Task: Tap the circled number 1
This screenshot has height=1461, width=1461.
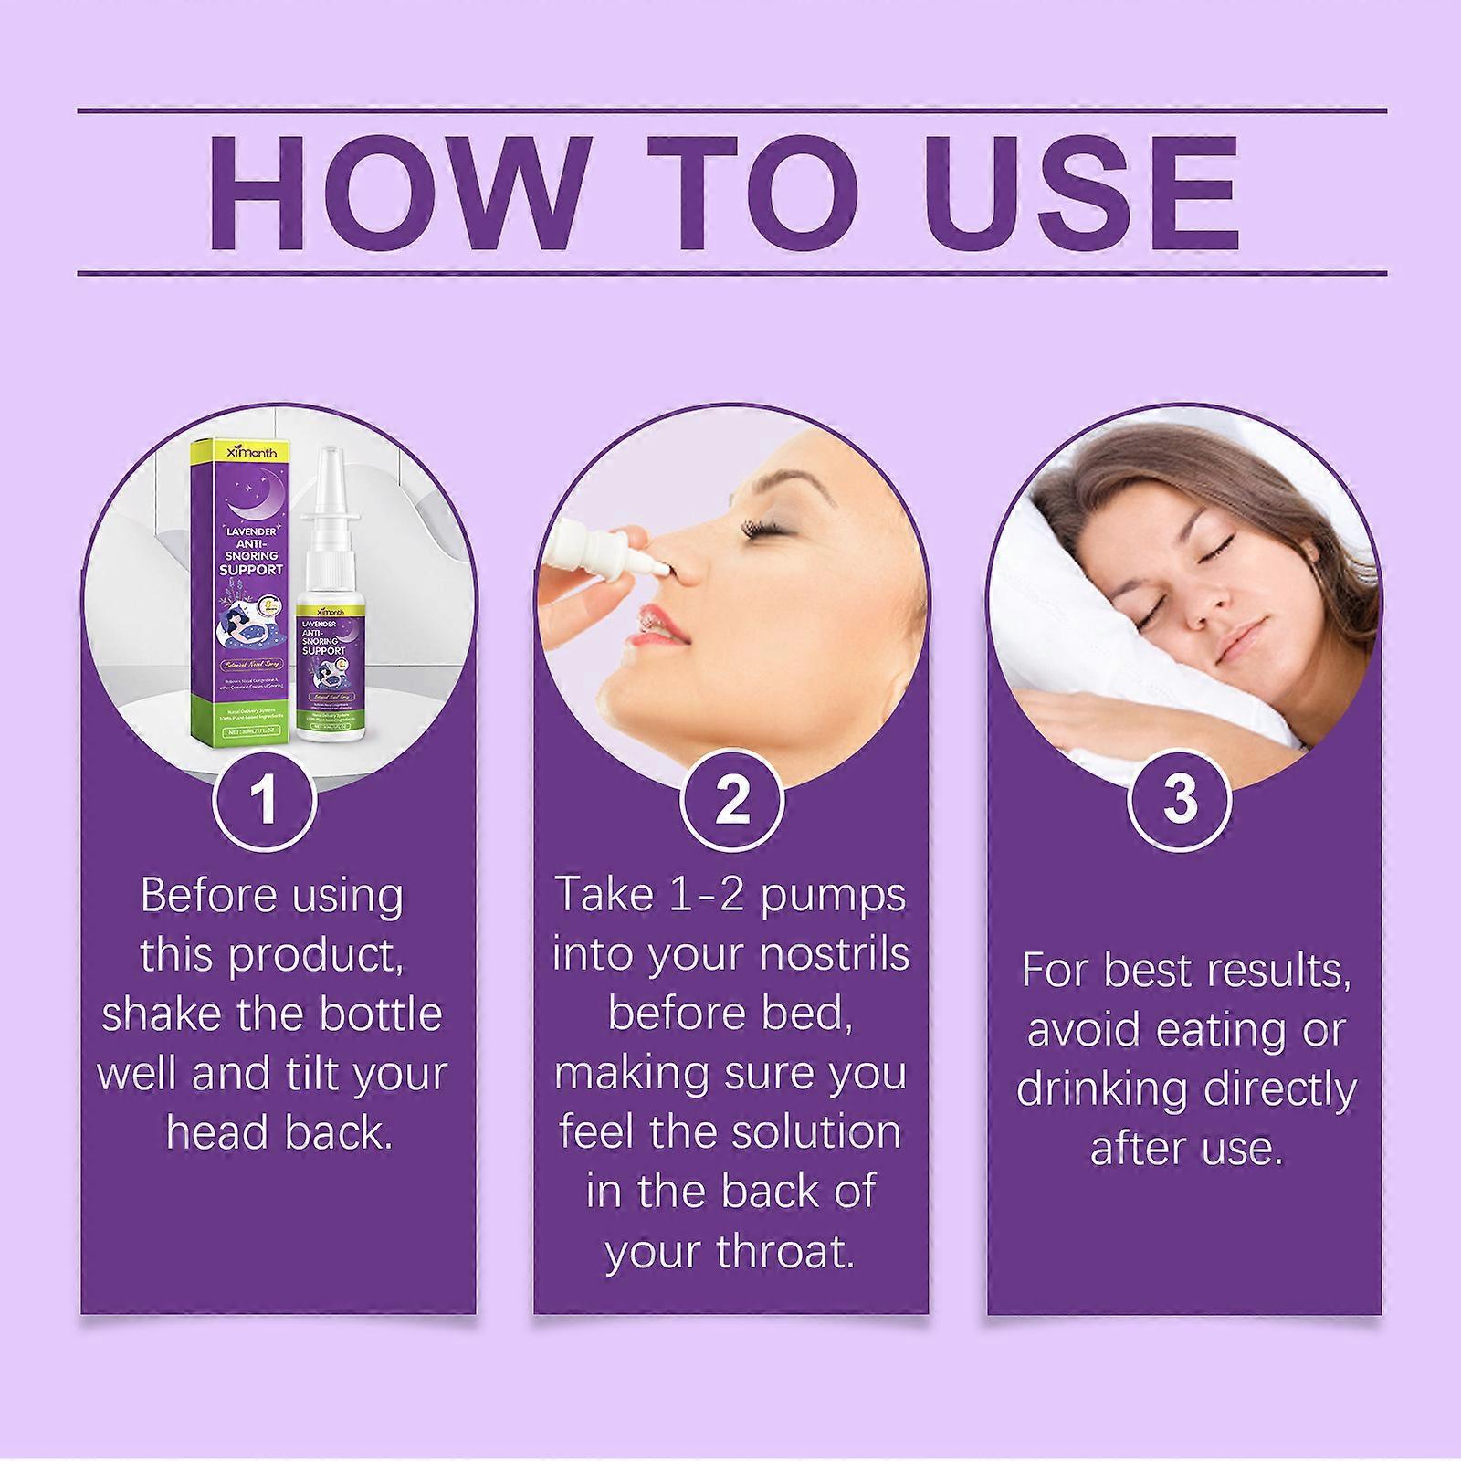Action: coord(265,799)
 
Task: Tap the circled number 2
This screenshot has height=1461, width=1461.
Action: coord(731,799)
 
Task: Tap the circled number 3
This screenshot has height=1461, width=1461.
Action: coord(1181,799)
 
